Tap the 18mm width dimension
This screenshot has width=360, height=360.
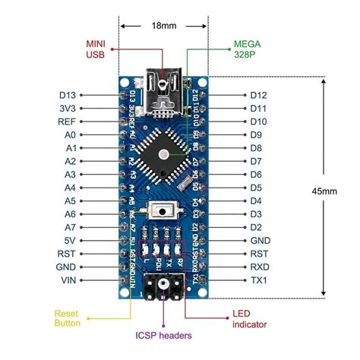point(163,25)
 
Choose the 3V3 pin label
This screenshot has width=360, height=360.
point(67,108)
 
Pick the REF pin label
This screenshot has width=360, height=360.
point(66,122)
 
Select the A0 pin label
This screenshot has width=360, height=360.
point(70,134)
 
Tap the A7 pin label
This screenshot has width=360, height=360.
point(70,227)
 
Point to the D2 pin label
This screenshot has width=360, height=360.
point(255,227)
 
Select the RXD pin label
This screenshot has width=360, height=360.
point(259,267)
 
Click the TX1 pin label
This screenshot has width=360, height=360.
point(259,280)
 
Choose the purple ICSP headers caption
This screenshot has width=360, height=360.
point(163,334)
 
